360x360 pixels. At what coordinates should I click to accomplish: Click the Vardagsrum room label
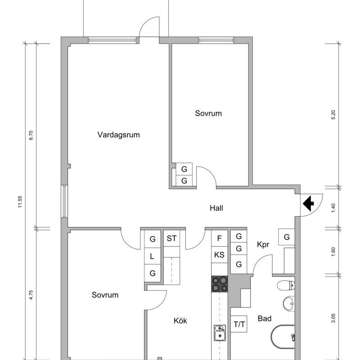(x=118, y=135)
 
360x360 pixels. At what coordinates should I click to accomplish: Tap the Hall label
(x=216, y=208)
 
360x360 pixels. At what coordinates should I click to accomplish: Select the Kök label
(x=180, y=320)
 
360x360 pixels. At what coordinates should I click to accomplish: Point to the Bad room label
(x=265, y=319)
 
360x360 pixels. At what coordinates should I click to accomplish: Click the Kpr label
(x=263, y=245)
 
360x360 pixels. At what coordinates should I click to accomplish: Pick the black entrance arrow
(x=308, y=203)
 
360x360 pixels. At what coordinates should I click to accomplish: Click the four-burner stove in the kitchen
(x=220, y=284)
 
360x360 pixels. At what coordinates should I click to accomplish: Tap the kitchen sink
(x=220, y=333)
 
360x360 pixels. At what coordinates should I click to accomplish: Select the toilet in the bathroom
(x=286, y=286)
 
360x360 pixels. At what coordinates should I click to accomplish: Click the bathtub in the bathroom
(x=283, y=337)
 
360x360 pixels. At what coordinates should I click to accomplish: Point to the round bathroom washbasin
(x=289, y=303)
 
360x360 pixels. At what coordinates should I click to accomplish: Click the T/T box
(x=239, y=324)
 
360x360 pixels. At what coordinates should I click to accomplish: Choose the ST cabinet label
(x=172, y=238)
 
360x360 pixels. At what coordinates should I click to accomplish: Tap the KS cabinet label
(x=219, y=255)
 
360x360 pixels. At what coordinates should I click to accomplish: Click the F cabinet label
(x=219, y=238)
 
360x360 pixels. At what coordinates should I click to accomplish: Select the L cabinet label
(x=152, y=256)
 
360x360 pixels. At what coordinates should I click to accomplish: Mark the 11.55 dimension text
(x=20, y=202)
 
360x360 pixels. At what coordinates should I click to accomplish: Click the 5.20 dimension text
(x=333, y=115)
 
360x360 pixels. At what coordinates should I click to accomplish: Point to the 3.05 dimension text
(x=333, y=318)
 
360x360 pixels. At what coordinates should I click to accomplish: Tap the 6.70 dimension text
(x=31, y=135)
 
